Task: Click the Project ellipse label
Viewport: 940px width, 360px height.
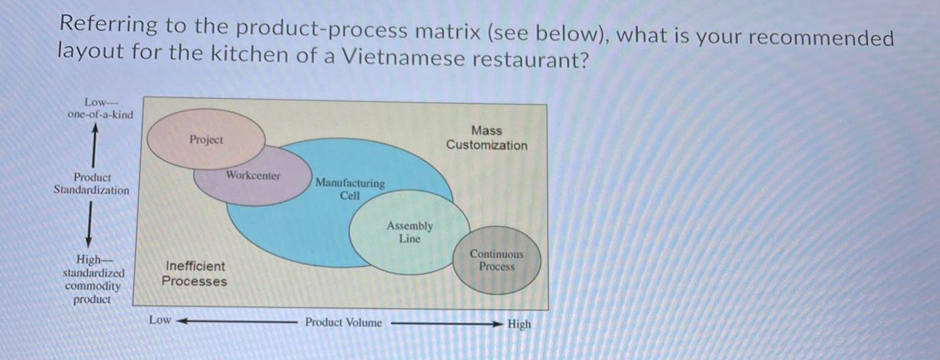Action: [x=206, y=140]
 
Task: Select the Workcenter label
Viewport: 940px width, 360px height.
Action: [x=253, y=176]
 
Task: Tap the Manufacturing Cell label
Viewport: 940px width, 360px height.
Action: [x=350, y=189]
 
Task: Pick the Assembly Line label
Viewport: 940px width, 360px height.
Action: [x=409, y=232]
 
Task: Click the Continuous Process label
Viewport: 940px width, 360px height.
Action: [x=496, y=260]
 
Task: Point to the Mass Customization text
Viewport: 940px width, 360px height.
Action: [x=487, y=138]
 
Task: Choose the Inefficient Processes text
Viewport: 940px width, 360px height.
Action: [x=194, y=274]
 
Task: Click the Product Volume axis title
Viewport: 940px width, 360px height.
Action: [x=343, y=323]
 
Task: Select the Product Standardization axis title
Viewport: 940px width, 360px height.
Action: [x=92, y=184]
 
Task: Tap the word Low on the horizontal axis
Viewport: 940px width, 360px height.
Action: [x=160, y=320]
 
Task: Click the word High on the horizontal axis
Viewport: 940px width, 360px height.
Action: [x=519, y=324]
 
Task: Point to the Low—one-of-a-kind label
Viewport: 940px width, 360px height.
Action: [x=100, y=108]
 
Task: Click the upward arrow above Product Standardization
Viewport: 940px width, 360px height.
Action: [x=94, y=144]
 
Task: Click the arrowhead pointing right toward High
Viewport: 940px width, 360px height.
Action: [x=500, y=324]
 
